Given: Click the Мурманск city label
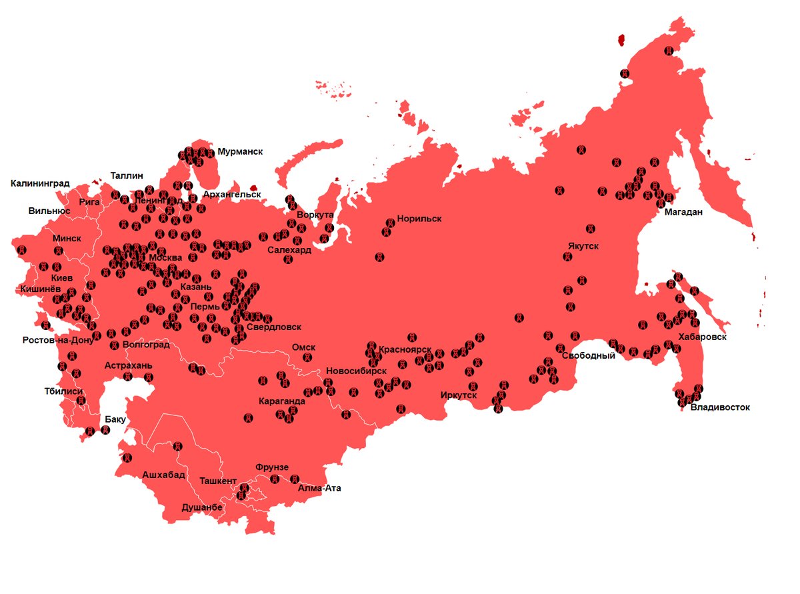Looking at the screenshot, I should pyautogui.click(x=240, y=151).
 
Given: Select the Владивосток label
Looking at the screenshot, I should pyautogui.click(x=720, y=407).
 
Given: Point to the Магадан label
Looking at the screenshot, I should pyautogui.click(x=683, y=212).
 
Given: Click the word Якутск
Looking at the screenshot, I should pyautogui.click(x=583, y=246).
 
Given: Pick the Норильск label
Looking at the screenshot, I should pyautogui.click(x=419, y=218).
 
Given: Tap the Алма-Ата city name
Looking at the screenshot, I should pyautogui.click(x=319, y=488).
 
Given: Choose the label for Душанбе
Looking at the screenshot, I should pyautogui.click(x=202, y=507).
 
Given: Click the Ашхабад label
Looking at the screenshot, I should pyautogui.click(x=163, y=475).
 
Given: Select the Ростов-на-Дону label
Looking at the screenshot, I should pyautogui.click(x=59, y=340).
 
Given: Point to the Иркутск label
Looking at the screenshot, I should pyautogui.click(x=459, y=395).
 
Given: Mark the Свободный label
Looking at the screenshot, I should pyautogui.click(x=588, y=355).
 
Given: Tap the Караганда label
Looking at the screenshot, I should pyautogui.click(x=282, y=401).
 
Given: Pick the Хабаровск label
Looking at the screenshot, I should pyautogui.click(x=701, y=337).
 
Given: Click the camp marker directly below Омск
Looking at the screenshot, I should pyautogui.click(x=307, y=358).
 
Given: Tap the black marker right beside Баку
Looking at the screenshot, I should pyautogui.click(x=105, y=431).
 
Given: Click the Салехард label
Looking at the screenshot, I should pyautogui.click(x=289, y=250).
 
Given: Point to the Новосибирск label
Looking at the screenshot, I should pyautogui.click(x=356, y=371).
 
